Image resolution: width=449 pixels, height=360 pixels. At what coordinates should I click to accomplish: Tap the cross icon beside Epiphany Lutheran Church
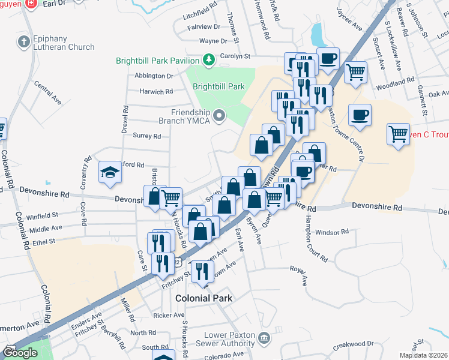tap(23, 42)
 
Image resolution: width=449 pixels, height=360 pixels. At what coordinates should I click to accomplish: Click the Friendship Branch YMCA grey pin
tap(220, 114)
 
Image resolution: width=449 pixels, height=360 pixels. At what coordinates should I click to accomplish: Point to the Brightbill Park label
tap(218, 86)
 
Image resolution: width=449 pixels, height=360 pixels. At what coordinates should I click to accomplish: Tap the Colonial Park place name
tap(203, 298)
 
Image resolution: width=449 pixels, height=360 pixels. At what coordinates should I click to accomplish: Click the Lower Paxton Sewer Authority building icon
tap(263, 339)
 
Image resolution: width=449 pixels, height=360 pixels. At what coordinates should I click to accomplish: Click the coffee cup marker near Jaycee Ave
tap(328, 59)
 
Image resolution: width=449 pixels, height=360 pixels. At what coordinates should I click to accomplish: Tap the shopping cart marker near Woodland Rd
tap(356, 73)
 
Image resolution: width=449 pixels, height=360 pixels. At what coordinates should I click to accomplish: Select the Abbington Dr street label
tap(154, 76)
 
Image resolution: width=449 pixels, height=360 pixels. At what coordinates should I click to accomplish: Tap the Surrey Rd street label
tap(147, 136)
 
